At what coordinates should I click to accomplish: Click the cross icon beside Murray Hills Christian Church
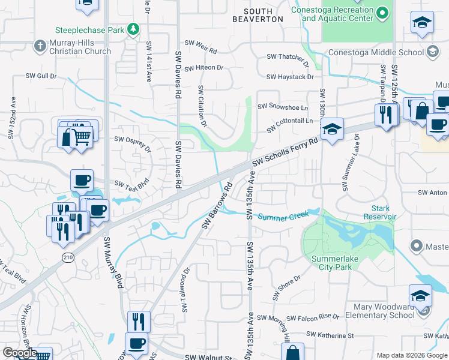click(x=39, y=46)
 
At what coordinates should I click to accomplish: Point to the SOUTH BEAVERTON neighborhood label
click(x=258, y=15)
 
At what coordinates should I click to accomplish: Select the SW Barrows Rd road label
click(x=217, y=206)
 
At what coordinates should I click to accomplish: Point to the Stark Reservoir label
click(x=379, y=212)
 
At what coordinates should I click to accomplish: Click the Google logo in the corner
click(x=20, y=353)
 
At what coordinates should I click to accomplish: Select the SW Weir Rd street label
click(x=200, y=43)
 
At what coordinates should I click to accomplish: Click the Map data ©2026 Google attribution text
click(x=411, y=355)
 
